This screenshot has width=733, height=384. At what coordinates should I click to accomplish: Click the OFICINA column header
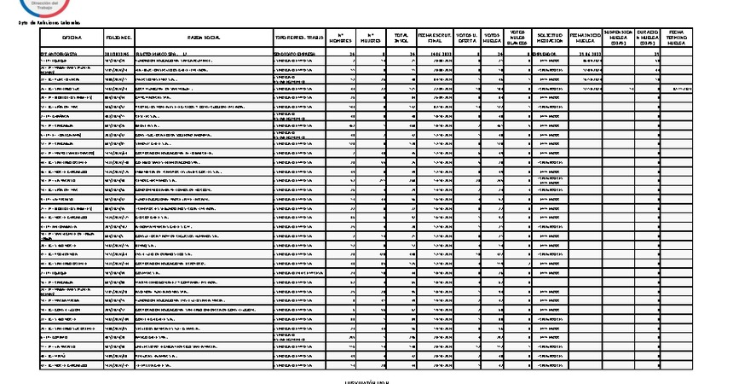tap(72, 38)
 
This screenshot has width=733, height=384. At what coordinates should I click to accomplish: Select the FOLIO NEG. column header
tap(118, 38)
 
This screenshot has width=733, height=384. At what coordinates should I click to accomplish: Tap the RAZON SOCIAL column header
tap(204, 38)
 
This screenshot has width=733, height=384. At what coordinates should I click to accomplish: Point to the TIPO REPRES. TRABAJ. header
tap(299, 38)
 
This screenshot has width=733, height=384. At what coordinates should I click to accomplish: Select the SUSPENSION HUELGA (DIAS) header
tap(616, 38)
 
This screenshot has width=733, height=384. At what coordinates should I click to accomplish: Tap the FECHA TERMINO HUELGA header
tap(678, 38)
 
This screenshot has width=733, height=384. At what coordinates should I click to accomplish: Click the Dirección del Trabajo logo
tap(65, 7)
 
